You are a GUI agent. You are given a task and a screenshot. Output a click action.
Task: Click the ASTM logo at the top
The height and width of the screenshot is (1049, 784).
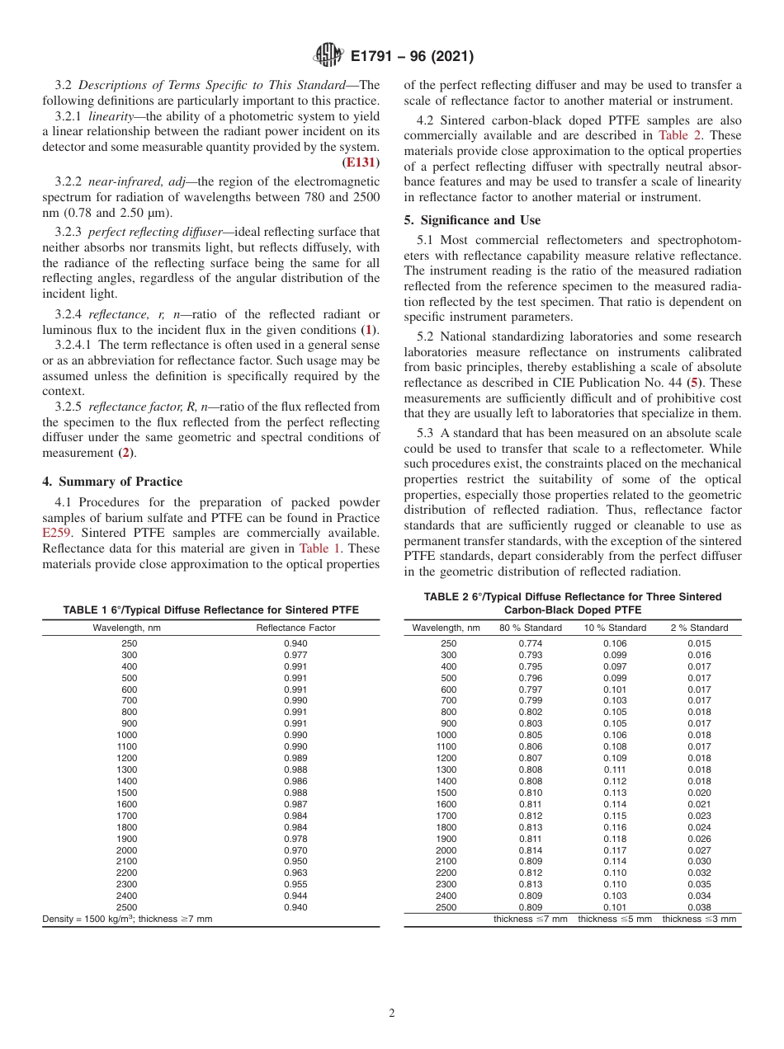(x=328, y=57)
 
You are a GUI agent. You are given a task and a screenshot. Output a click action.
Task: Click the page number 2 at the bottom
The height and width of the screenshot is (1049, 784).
(x=391, y=1014)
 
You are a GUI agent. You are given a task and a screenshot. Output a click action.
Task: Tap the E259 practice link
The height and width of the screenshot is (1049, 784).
(x=56, y=533)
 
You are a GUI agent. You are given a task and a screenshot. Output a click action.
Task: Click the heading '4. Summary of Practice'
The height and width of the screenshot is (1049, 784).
(x=111, y=482)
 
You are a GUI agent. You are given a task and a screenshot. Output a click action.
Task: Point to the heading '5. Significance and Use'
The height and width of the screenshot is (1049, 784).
(x=472, y=220)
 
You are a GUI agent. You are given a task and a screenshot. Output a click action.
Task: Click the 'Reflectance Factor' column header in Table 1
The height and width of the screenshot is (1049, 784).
(x=295, y=628)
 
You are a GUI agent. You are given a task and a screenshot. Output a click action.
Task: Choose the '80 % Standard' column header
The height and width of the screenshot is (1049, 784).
(x=531, y=628)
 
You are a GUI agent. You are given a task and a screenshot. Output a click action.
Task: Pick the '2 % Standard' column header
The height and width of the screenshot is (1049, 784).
(x=699, y=628)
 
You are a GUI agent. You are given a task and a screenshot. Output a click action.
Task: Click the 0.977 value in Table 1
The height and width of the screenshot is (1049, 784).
(x=295, y=655)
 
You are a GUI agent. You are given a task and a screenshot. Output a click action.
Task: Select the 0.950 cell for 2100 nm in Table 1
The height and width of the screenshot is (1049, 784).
(x=295, y=861)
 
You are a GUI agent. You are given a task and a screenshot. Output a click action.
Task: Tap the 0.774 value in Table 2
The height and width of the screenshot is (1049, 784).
(x=531, y=643)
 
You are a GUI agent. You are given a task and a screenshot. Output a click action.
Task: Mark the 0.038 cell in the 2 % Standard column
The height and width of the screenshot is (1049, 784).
(x=699, y=907)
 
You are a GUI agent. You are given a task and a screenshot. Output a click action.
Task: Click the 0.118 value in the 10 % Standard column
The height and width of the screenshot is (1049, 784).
(x=615, y=839)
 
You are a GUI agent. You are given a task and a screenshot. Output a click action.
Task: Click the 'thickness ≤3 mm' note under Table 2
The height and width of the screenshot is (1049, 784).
(x=699, y=919)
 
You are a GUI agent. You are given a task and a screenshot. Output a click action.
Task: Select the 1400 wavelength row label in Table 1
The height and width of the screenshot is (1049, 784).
(x=128, y=781)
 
